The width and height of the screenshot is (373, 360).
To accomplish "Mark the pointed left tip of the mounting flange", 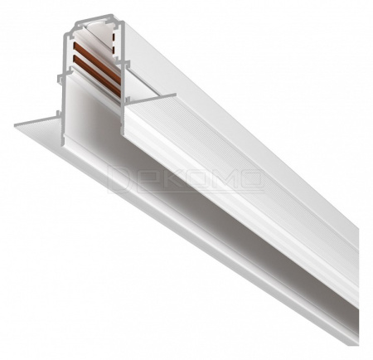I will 15,124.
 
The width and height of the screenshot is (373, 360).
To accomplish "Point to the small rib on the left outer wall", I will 56,76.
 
